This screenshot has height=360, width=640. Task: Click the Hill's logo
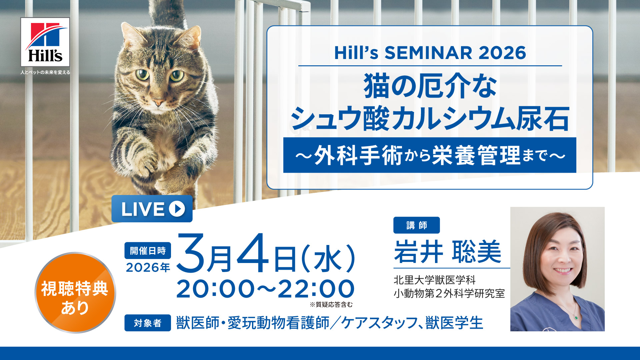click(x=45, y=42)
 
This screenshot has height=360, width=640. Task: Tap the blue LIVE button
click(x=152, y=209)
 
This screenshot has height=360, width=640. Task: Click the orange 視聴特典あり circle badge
click(x=75, y=293)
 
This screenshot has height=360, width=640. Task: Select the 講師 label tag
click(x=416, y=225)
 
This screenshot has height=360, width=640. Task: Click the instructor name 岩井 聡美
click(x=448, y=252)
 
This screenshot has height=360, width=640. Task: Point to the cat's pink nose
click(x=158, y=102)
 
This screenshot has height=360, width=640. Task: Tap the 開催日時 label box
click(x=148, y=251)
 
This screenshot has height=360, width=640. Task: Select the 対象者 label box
click(x=148, y=323)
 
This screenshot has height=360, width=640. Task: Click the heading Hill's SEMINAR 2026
click(x=430, y=53)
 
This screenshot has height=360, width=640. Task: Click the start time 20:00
click(x=215, y=289)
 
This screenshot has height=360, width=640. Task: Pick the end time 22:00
click(x=316, y=289)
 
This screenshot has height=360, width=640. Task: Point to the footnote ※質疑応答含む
click(x=331, y=304)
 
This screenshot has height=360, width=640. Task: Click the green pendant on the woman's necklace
click(x=576, y=317)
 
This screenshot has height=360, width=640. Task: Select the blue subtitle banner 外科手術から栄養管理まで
click(x=430, y=155)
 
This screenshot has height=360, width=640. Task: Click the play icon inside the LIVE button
click(x=177, y=209)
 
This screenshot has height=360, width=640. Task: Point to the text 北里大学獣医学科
click(x=434, y=280)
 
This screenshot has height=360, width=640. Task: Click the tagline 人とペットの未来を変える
click(x=45, y=72)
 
